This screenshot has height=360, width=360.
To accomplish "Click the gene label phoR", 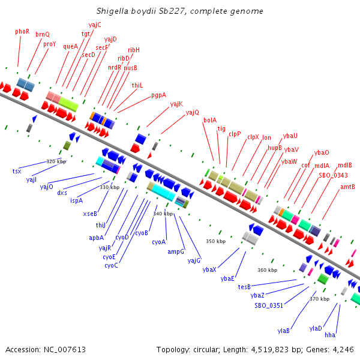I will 22,31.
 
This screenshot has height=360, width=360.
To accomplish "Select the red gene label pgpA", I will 158,95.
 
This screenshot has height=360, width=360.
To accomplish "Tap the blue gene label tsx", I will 17,172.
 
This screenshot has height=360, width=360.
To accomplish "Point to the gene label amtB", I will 347,187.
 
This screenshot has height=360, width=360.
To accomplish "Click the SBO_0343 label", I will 333,175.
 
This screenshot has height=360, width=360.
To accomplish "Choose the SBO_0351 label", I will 268,305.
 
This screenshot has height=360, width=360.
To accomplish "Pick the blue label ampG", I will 176,252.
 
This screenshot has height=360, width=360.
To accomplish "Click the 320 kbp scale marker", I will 56,161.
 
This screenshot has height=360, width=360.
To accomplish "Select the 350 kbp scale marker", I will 215,241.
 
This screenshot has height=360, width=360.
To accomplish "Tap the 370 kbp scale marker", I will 319,299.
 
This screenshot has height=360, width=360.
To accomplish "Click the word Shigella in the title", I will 113,11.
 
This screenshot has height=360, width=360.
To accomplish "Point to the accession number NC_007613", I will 63,349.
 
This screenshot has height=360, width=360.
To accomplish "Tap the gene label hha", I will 330,335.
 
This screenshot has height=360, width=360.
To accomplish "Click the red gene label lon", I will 266,137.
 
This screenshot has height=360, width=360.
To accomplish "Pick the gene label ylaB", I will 284,331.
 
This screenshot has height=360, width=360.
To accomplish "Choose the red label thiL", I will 137,85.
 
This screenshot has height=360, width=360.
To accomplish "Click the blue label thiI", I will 101,225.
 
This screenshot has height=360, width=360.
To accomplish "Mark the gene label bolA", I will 210,120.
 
